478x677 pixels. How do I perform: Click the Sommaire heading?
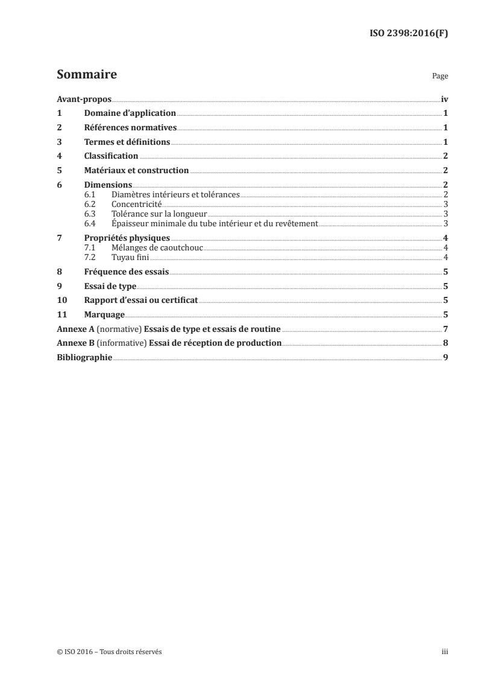tap(87, 75)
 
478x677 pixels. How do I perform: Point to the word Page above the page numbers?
tap(440, 77)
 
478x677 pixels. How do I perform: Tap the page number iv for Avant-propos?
tap(444, 99)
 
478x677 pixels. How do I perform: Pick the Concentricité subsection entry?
tap(137, 204)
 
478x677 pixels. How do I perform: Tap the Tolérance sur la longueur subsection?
tap(159, 214)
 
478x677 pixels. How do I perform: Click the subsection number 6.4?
tap(90, 223)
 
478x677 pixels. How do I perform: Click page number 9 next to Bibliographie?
tap(445, 357)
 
